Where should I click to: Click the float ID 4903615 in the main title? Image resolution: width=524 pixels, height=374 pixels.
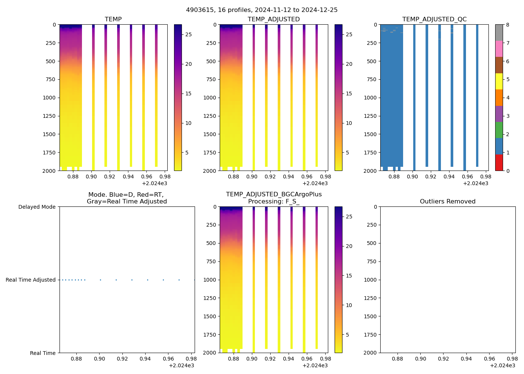tap(199, 10)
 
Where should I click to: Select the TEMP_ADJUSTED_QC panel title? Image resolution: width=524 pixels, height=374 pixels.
tap(434, 19)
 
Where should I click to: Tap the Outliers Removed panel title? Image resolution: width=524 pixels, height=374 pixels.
tap(448, 202)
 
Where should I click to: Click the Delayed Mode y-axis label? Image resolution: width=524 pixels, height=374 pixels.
tap(37, 207)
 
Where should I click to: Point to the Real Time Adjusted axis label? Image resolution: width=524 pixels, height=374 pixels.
tap(30, 280)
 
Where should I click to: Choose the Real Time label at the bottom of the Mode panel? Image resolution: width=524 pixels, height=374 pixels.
tap(43, 353)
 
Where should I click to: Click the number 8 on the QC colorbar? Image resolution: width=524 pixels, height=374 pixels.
tap(508, 25)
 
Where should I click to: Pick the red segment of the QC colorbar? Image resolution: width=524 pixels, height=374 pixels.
tap(499, 163)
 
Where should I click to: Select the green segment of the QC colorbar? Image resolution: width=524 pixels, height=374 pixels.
tap(499, 130)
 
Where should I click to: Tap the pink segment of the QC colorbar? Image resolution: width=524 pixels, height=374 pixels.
tap(499, 49)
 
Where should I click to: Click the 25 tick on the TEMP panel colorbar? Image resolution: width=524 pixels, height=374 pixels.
tap(189, 34)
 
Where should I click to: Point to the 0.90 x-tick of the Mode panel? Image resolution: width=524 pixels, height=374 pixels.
tap(99, 359)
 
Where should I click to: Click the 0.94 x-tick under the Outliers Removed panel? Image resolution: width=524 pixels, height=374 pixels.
tap(466, 359)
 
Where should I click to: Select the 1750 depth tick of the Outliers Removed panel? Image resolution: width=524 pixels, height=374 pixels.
tap(371, 335)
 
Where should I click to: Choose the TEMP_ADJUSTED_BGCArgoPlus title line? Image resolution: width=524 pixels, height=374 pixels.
tap(274, 194)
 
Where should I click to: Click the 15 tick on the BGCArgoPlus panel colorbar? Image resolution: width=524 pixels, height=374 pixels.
tap(349, 276)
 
